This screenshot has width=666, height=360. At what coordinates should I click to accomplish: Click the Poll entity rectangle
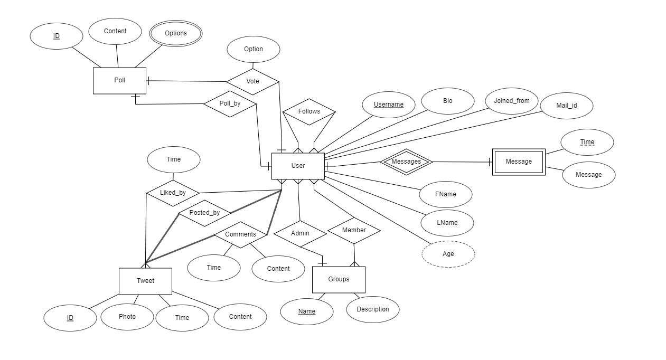(119, 81)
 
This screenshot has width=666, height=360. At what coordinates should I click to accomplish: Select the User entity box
(298, 166)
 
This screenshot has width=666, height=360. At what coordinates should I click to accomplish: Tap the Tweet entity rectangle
(145, 281)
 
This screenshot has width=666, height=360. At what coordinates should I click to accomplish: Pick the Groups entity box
(339, 279)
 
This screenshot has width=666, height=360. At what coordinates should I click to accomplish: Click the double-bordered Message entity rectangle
(519, 162)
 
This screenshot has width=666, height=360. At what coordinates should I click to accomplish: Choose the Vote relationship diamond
(252, 81)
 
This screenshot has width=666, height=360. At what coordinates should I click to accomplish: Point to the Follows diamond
(309, 111)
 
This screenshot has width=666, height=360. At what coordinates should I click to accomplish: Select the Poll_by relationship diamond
(230, 103)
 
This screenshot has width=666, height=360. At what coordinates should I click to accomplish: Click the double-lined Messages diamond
(406, 162)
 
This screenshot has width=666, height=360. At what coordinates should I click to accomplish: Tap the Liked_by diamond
(173, 193)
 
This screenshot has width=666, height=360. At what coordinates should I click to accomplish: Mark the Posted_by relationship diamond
(204, 213)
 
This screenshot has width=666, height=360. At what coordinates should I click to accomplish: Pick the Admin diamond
(300, 233)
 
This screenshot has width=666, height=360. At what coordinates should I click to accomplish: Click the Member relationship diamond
(354, 230)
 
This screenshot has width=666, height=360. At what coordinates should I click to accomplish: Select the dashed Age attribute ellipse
(448, 254)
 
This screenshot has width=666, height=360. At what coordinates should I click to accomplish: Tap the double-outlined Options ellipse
(175, 33)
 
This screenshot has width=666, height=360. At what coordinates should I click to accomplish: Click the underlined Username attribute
(389, 105)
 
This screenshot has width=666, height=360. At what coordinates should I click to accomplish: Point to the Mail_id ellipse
(567, 106)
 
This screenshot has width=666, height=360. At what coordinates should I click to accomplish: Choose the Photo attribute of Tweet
(127, 317)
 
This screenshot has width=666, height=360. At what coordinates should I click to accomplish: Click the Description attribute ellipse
(373, 309)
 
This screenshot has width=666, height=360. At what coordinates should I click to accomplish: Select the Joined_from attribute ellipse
(512, 101)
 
